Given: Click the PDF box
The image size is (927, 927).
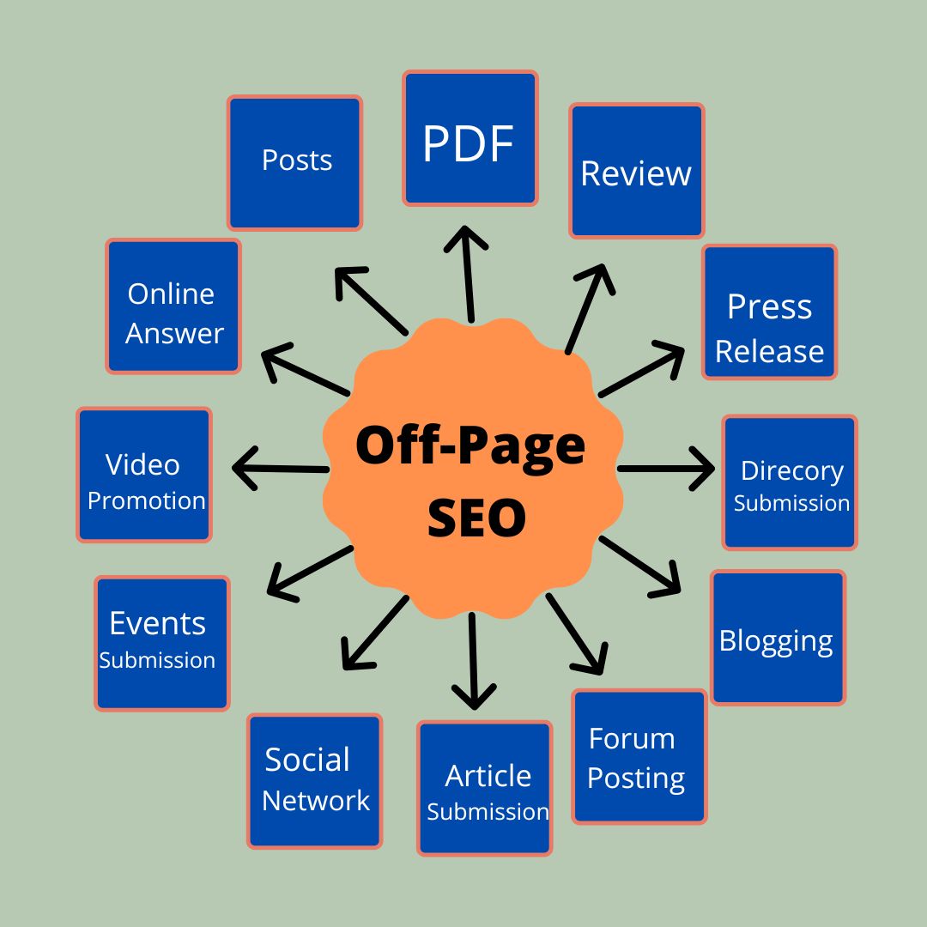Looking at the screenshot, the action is click(470, 138).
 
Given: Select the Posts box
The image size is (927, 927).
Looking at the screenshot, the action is click(294, 162).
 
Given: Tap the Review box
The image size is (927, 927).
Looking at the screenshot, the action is click(637, 171).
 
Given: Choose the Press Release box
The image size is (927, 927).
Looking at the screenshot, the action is click(770, 312).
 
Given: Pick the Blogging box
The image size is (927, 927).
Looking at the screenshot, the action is click(778, 637).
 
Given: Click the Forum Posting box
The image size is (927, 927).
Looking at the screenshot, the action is click(639, 757).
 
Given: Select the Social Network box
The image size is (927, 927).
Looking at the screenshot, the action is click(314, 781).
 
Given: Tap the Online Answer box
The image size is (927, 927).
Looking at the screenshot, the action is click(173, 306).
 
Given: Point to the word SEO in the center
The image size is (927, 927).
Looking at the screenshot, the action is click(476, 518).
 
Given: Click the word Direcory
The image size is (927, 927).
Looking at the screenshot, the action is click(792, 472).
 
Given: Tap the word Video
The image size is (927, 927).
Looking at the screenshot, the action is click(142, 464).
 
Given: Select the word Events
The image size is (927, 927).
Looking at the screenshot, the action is click(158, 623).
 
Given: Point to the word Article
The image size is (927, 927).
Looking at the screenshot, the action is click(488, 776).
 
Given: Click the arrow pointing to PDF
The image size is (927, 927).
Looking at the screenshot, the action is click(468, 274).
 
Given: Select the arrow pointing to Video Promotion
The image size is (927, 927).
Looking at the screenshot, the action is click(280, 469).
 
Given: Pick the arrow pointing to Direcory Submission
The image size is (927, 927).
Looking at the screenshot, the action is click(666, 469).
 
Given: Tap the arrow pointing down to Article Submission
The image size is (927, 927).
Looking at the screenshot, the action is click(473, 661).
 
